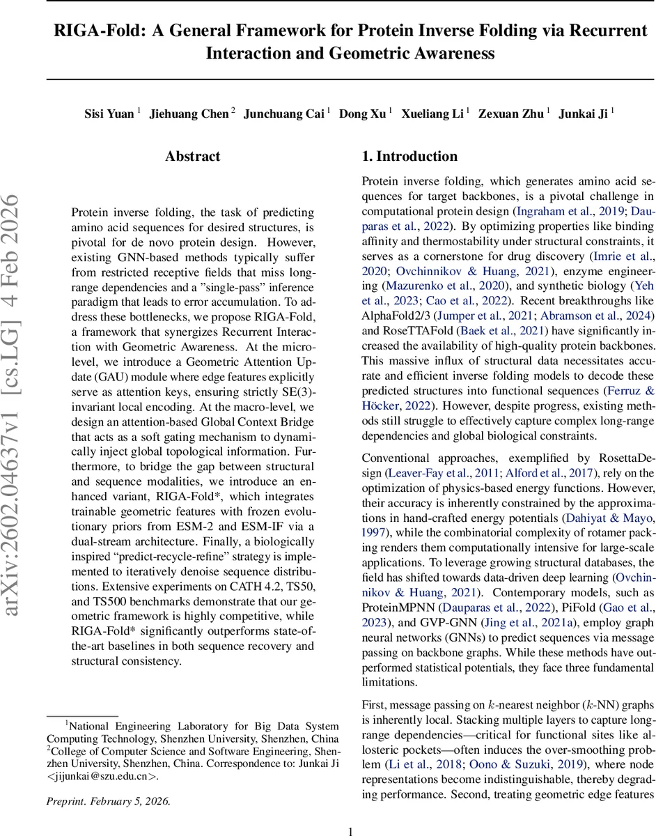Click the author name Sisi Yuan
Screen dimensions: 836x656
109,114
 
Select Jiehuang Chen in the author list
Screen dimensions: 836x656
189,114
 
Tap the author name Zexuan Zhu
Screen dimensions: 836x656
510,114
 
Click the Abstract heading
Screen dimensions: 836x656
193,157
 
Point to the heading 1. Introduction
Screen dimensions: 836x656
409,157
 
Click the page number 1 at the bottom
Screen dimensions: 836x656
351,826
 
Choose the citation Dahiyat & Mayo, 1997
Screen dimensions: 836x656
605,518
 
